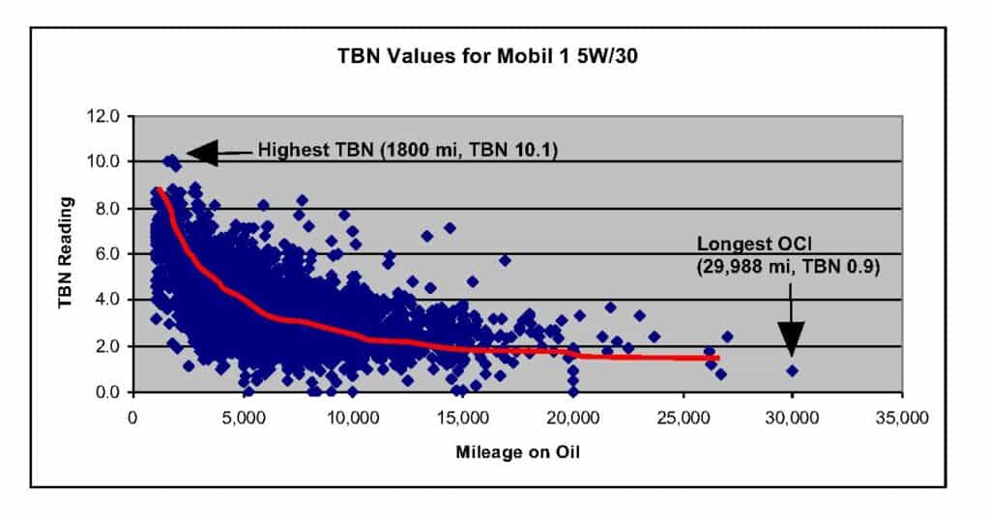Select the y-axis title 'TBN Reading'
(67, 253)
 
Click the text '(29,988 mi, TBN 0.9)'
(787, 268)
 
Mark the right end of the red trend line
(718, 358)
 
